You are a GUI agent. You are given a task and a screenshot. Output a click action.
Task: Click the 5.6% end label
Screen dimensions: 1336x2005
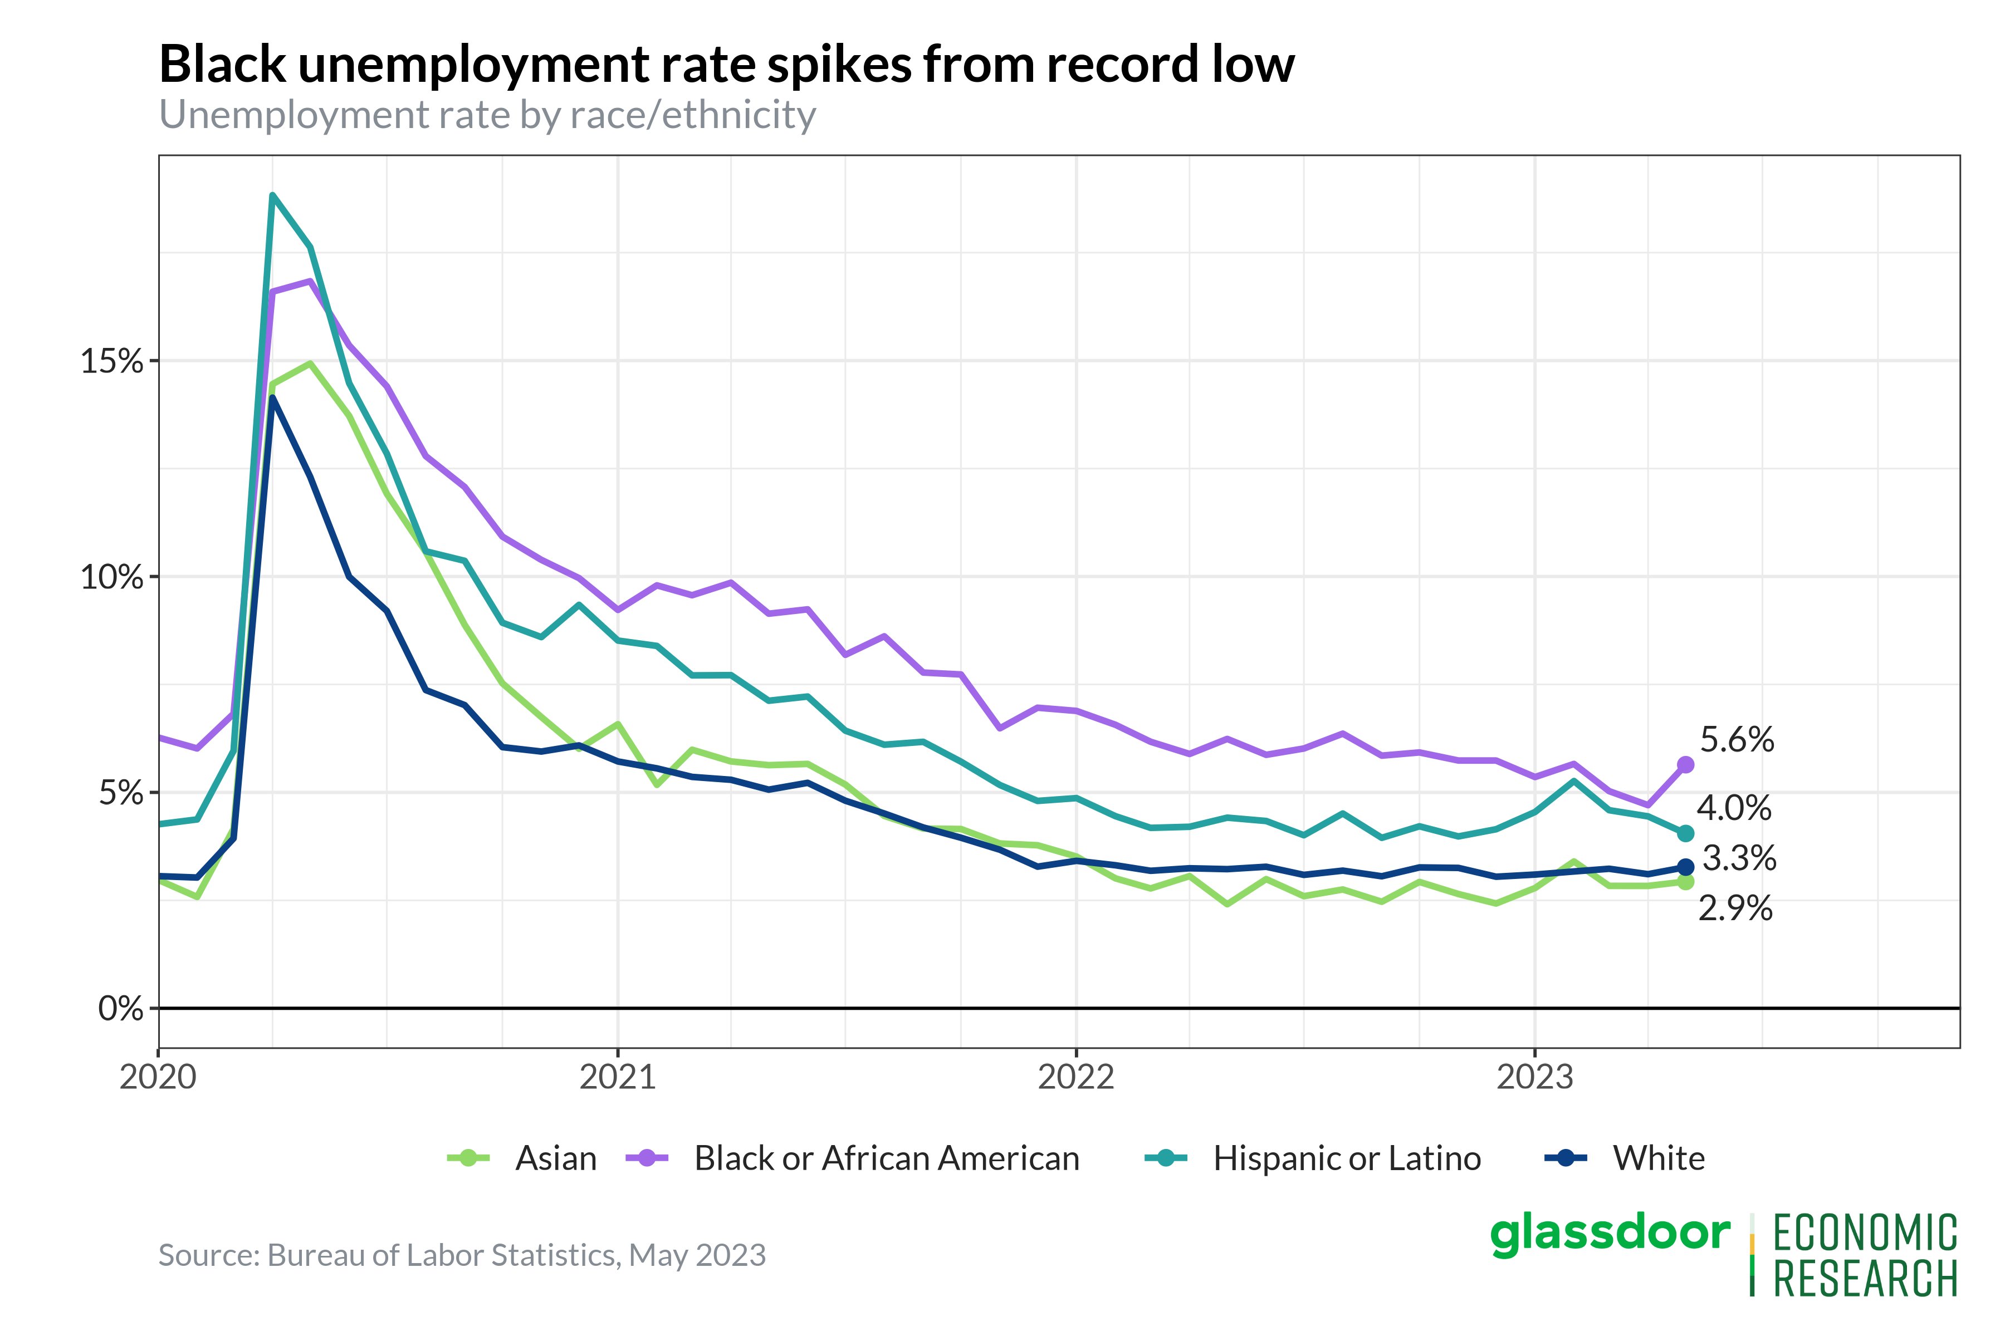pyautogui.click(x=1737, y=740)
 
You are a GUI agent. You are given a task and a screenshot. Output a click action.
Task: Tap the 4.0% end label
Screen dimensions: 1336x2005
pyautogui.click(x=1733, y=808)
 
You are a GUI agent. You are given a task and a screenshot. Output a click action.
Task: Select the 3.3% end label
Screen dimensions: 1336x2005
pyautogui.click(x=1738, y=858)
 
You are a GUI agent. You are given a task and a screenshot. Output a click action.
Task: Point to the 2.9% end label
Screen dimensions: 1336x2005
pyautogui.click(x=1735, y=908)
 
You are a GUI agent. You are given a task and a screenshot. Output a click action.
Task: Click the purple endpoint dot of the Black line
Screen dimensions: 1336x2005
pyautogui.click(x=1685, y=765)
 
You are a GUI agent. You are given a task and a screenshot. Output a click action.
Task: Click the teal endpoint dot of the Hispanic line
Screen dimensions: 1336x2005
pyautogui.click(x=1685, y=833)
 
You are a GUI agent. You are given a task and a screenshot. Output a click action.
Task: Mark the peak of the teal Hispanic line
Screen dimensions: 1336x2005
pyautogui.click(x=272, y=195)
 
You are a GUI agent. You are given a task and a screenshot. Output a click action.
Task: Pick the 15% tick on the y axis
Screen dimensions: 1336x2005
pyautogui.click(x=112, y=361)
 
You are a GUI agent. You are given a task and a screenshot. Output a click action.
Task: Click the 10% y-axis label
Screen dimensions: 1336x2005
pyautogui.click(x=112, y=578)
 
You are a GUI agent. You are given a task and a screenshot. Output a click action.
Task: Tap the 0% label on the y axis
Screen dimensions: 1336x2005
pyautogui.click(x=120, y=1009)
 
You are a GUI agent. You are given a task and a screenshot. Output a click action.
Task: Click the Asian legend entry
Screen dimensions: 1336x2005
pyautogui.click(x=555, y=1159)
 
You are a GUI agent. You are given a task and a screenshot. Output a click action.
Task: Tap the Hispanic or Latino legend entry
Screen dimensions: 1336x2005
pyautogui.click(x=1346, y=1159)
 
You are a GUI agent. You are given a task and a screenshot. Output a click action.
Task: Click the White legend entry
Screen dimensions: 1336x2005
pyautogui.click(x=1658, y=1159)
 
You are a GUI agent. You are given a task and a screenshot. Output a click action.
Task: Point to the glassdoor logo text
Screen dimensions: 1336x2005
pyautogui.click(x=1610, y=1233)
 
